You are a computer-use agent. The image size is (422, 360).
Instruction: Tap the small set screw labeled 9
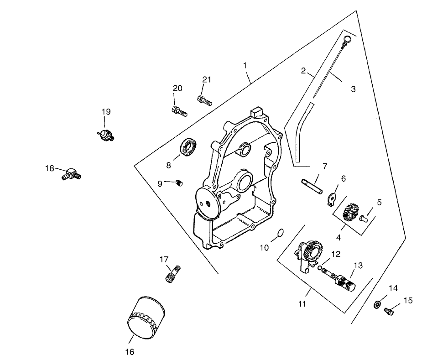[x=179, y=183]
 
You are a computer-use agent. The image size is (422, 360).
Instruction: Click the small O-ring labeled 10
[x=280, y=234]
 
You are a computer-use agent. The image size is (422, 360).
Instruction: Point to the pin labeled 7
[x=312, y=185]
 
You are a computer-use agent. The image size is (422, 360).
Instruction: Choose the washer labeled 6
[x=333, y=198]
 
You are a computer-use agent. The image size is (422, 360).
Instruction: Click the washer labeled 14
[x=378, y=304]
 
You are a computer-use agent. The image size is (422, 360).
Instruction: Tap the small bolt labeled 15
[x=389, y=312]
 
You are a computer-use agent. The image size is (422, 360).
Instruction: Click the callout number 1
[x=245, y=66]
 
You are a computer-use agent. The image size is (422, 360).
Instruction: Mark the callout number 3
[x=353, y=89]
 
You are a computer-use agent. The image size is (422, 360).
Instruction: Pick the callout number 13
[x=358, y=265]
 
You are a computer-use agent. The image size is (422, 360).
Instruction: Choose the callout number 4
[x=339, y=237]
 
